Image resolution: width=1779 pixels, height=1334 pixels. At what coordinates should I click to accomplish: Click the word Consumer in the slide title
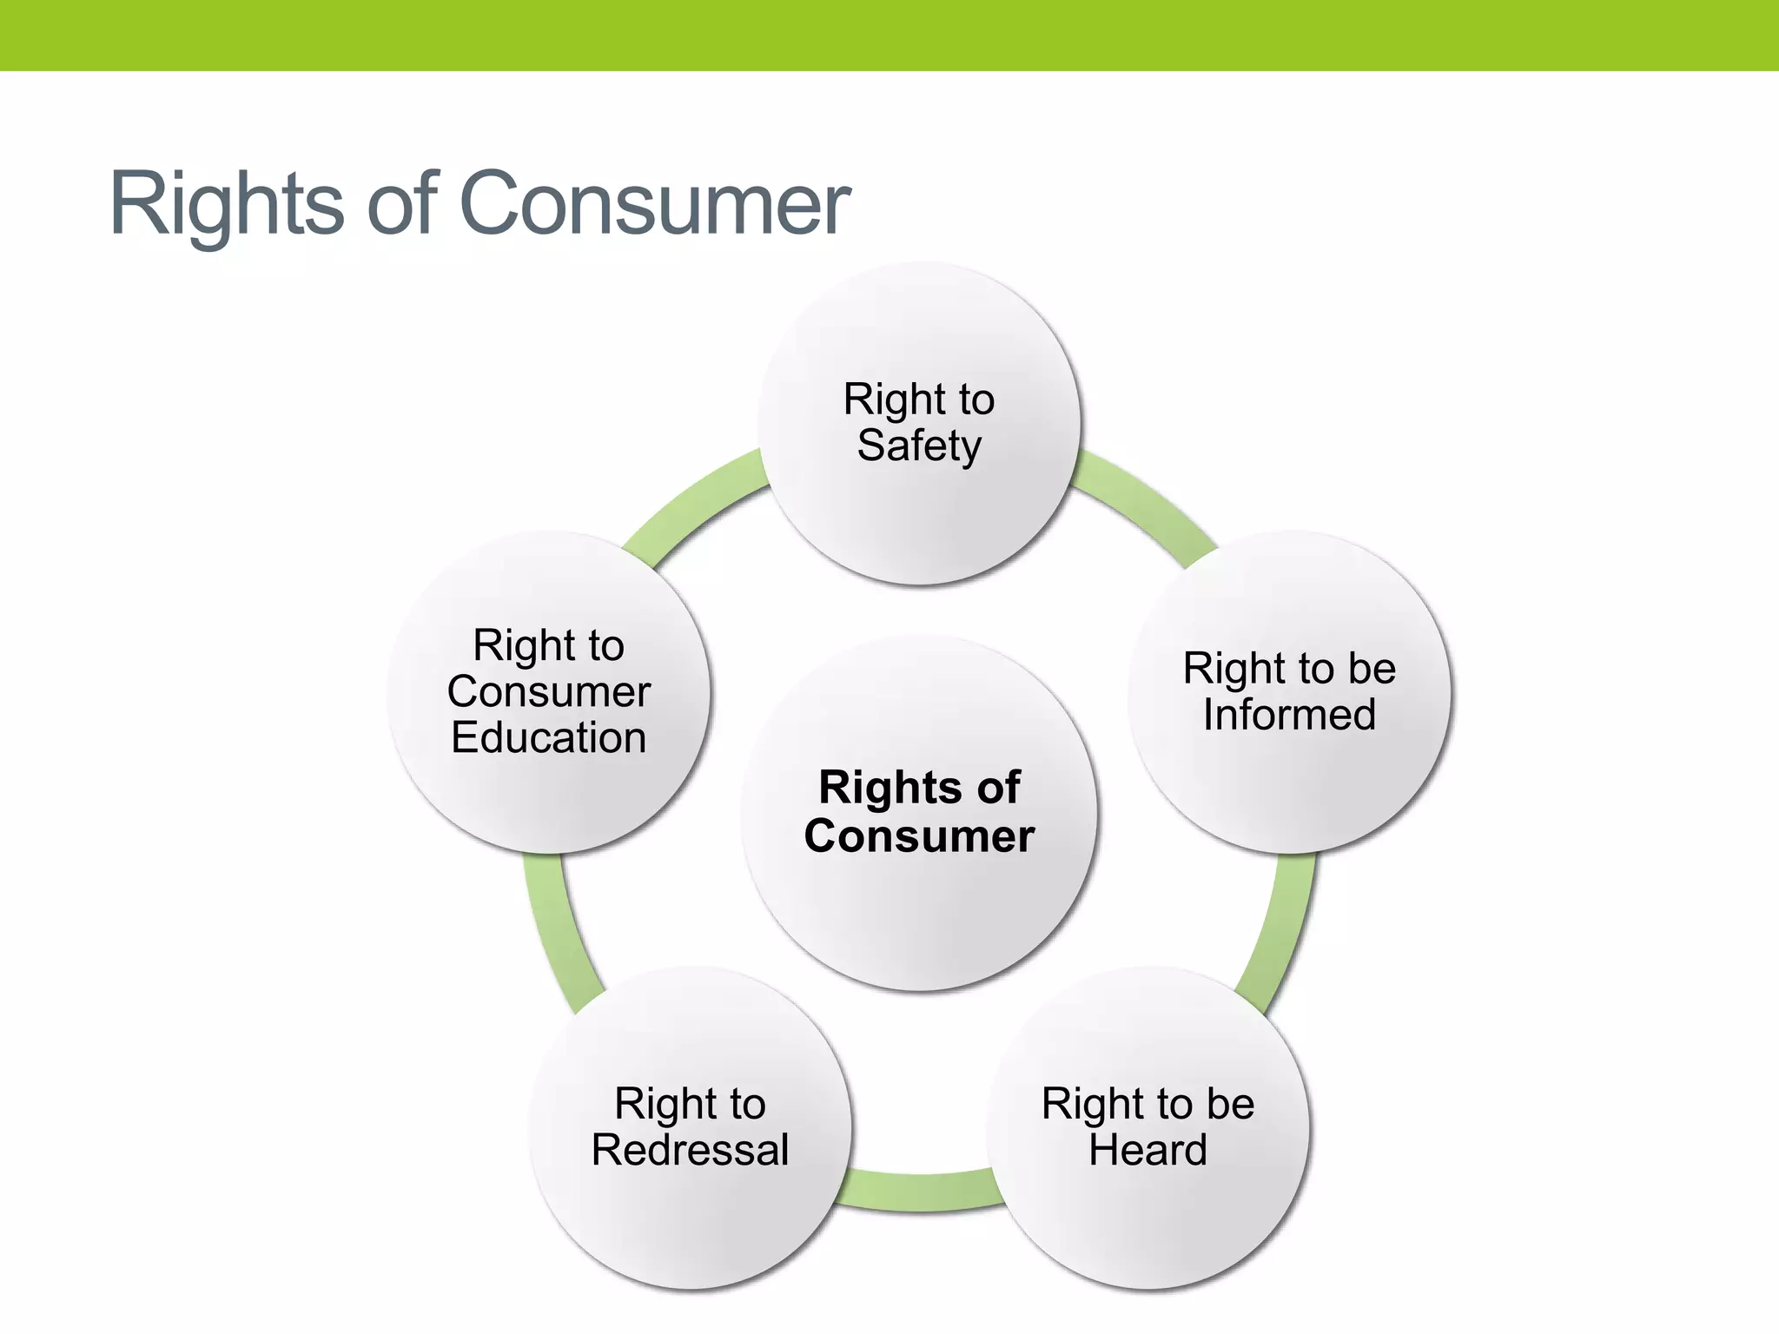[x=654, y=204]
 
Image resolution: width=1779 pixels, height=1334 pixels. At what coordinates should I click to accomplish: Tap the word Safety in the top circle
[x=919, y=446]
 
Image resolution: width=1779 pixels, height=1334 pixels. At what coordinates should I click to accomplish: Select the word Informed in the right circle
[x=1289, y=716]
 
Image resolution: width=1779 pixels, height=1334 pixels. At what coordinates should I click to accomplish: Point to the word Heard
[x=1147, y=1151]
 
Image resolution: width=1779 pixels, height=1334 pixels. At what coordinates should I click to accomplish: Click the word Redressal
[x=690, y=1151]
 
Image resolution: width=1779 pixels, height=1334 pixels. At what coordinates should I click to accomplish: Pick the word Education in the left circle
[x=548, y=738]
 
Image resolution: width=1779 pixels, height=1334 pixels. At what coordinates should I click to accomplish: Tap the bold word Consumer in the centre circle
[x=919, y=836]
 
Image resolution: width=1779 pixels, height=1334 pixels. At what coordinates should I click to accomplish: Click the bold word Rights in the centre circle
[x=875, y=788]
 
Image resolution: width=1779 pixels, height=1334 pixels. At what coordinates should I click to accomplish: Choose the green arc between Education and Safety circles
[x=695, y=504]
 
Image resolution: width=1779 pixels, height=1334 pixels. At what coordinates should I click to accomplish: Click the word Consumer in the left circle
[x=548, y=692]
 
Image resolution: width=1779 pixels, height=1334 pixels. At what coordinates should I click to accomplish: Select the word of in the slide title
[x=401, y=204]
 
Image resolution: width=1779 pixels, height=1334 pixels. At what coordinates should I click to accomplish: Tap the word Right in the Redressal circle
[x=653, y=1105]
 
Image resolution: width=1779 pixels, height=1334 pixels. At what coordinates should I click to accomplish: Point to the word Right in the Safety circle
[x=882, y=400]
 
